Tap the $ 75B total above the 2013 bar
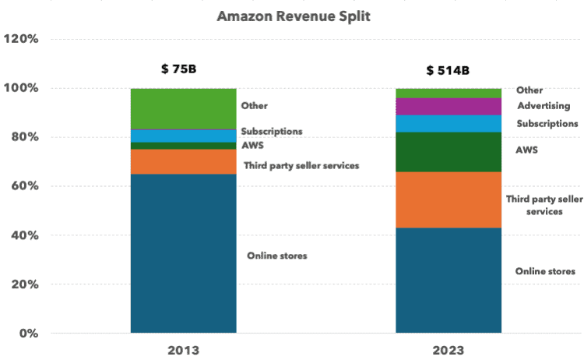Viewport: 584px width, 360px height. (178, 69)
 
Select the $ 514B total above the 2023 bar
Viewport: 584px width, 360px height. (447, 71)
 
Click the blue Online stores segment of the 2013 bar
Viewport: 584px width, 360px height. (183, 253)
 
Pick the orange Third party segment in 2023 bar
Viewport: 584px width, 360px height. (449, 199)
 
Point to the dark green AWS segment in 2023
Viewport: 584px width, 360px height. (449, 151)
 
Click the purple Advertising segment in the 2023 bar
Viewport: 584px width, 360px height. (449, 106)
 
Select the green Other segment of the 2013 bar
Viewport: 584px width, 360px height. (183, 108)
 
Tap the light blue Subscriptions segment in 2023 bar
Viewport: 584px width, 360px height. (449, 123)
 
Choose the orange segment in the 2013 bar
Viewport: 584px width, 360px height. (183, 161)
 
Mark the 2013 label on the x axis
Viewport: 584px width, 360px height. (183, 350)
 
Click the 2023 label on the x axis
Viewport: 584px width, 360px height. (449, 350)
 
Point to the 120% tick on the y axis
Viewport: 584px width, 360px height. (21, 39)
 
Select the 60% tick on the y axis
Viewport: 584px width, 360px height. (24, 186)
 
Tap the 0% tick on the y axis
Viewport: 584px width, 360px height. (28, 334)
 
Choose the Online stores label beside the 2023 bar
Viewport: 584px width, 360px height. (545, 271)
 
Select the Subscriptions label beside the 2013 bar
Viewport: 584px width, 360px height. (271, 131)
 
